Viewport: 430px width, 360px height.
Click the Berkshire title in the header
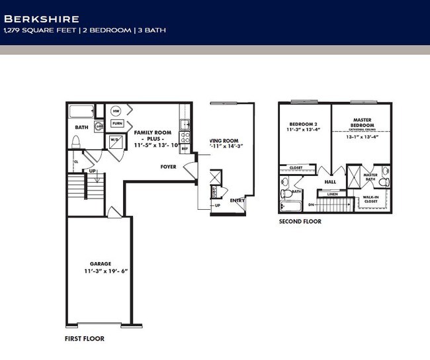(42, 19)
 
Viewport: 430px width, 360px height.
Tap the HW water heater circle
(116, 111)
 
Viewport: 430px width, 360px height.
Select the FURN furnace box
(117, 123)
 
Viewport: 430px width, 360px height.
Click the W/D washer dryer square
(114, 141)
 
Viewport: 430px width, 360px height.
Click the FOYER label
(169, 167)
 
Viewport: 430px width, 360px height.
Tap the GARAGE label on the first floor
(101, 263)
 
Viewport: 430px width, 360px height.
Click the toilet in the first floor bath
(76, 142)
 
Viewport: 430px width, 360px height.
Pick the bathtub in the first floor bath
(81, 111)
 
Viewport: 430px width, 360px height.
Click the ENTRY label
(236, 200)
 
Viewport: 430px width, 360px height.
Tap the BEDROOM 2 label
(304, 124)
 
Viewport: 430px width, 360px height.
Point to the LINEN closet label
(332, 194)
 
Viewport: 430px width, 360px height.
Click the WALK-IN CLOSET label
(370, 199)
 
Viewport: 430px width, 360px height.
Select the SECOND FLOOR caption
(300, 222)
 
